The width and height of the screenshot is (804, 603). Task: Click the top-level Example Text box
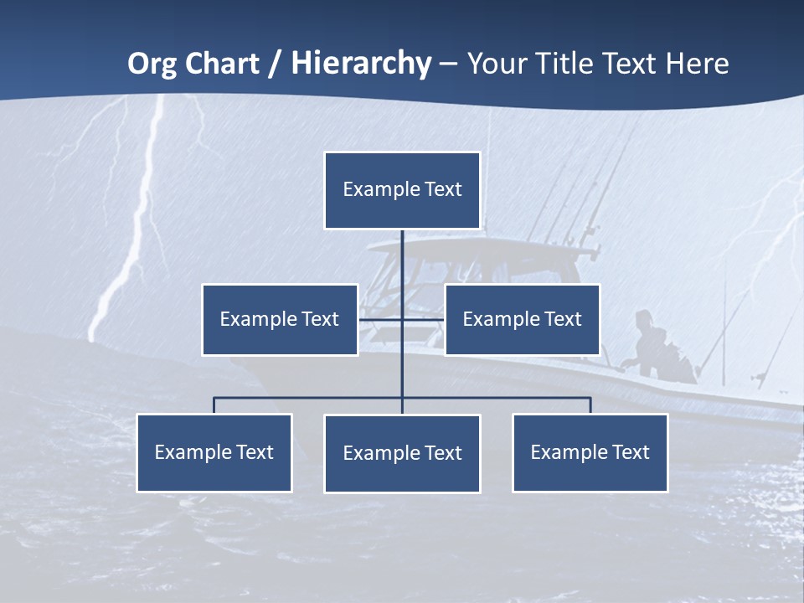tap(402, 190)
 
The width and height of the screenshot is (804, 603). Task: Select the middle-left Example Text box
tap(280, 319)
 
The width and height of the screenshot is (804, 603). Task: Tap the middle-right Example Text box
tap(522, 319)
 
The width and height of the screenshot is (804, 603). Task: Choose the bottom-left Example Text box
tap(214, 452)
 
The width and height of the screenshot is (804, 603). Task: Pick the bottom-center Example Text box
tap(402, 453)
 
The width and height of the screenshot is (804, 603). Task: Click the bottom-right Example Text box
tap(590, 452)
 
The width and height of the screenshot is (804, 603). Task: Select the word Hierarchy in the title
tap(361, 64)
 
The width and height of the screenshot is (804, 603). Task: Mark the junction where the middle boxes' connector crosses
tap(402, 319)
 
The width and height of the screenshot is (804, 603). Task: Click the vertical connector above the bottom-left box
tap(214, 405)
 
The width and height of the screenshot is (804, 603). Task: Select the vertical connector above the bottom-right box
tap(590, 405)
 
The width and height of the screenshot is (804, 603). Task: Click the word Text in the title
tap(635, 64)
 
